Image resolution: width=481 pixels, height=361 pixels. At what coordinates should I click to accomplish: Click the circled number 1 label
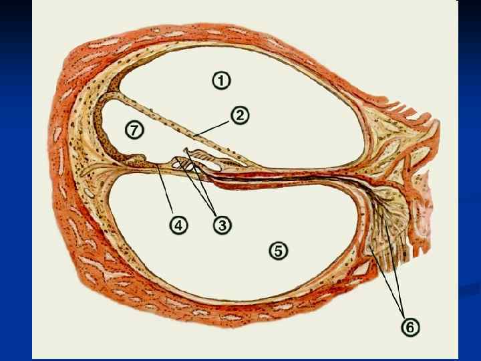222,80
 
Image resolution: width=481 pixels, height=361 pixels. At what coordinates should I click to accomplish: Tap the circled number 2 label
240,115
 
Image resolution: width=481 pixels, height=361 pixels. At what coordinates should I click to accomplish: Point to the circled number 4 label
178,225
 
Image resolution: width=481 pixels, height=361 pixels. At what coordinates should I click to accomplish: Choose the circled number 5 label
279,251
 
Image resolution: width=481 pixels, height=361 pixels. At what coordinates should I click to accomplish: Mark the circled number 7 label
136,128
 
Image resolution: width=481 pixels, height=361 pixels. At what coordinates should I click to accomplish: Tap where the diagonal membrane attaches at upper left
110,101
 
